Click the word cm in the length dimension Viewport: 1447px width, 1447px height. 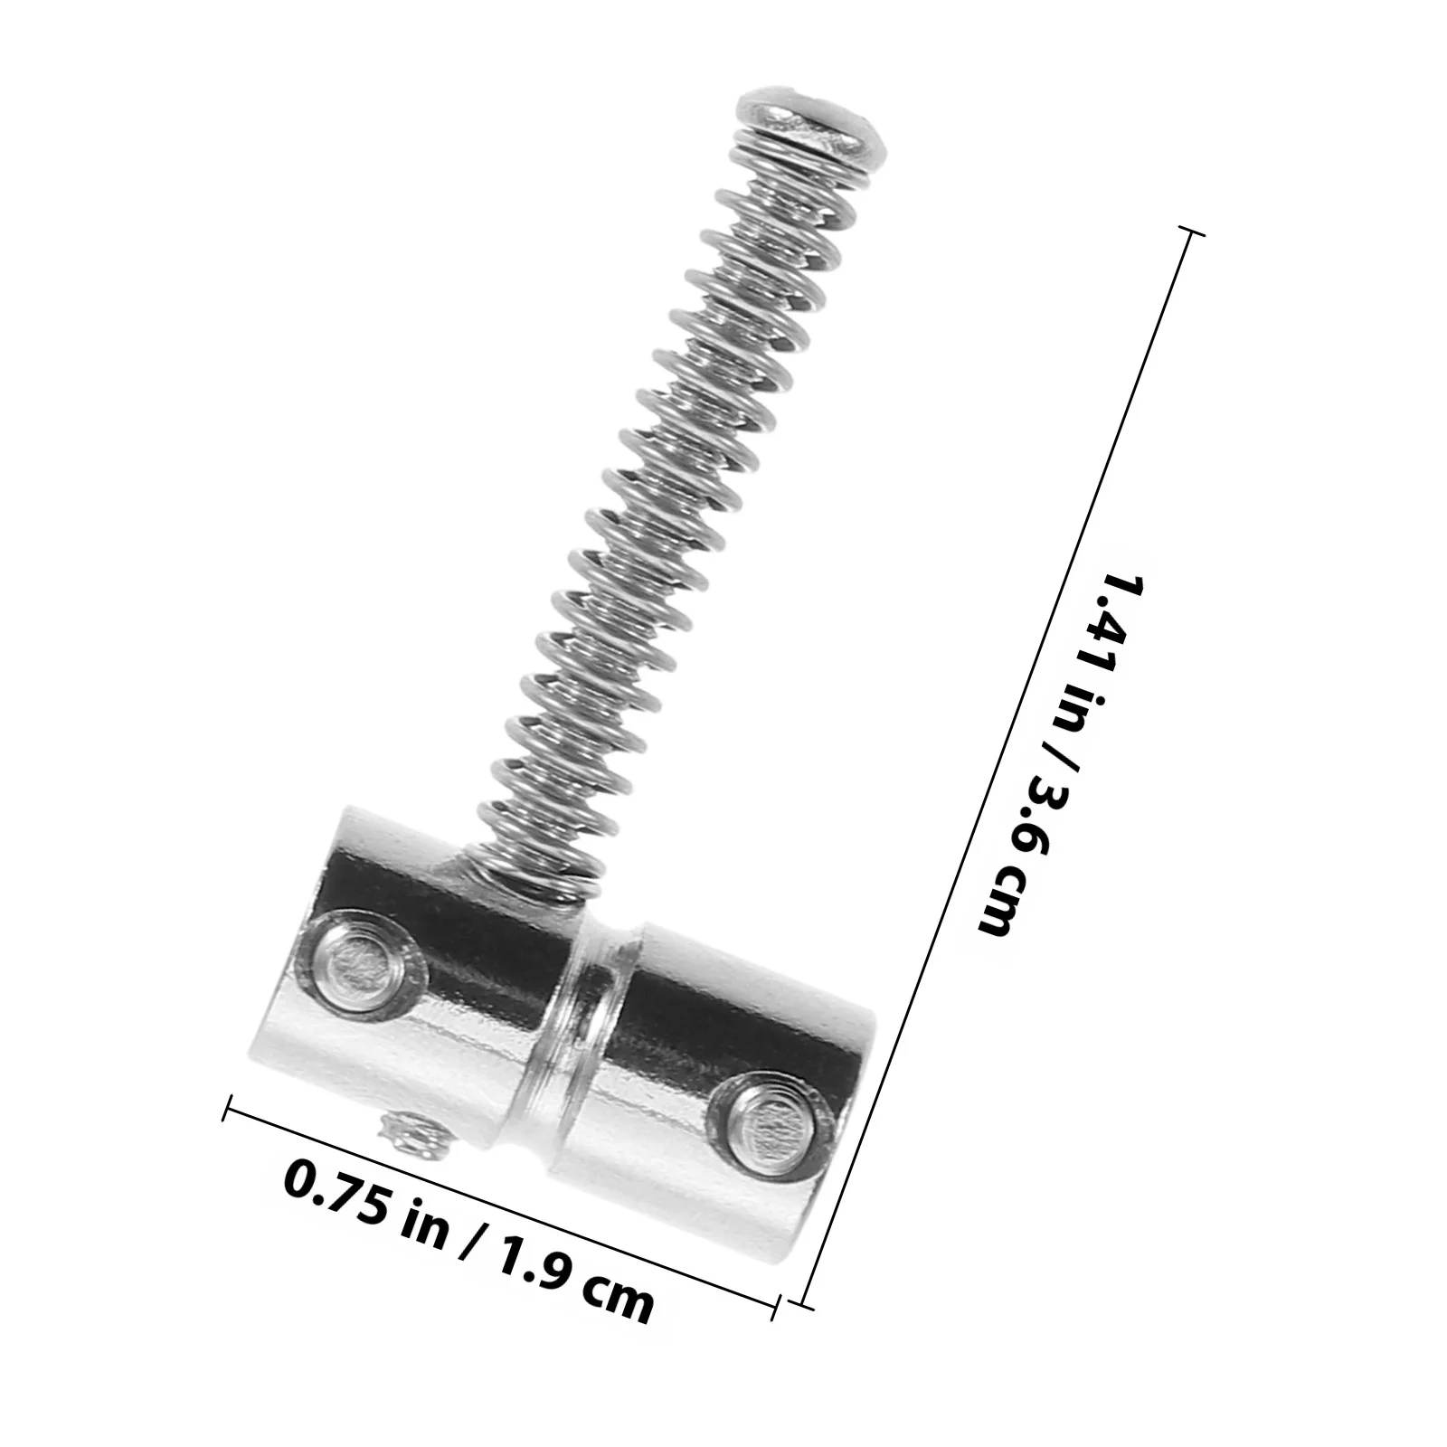point(1000,895)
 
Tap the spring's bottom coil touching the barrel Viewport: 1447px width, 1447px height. point(534,868)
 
